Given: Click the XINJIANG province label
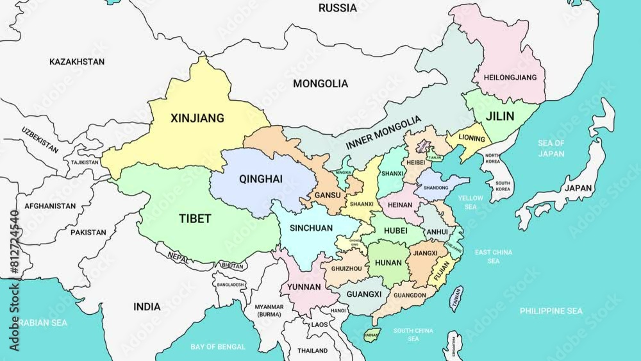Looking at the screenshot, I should click(x=197, y=118).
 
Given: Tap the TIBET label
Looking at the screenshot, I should click(x=195, y=219).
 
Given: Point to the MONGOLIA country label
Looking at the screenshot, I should click(x=320, y=83).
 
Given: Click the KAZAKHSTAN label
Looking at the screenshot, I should click(x=77, y=62).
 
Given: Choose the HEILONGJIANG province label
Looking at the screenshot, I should click(x=510, y=78).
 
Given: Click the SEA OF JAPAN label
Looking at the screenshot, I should click(x=551, y=148).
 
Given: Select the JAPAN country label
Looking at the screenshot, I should click(x=578, y=189).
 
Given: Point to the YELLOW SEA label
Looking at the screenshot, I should click(x=470, y=203).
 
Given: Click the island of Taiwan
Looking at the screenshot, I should click(x=456, y=298).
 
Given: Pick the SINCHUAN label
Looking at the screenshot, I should click(x=311, y=228).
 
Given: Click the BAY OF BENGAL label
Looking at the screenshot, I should click(x=218, y=347).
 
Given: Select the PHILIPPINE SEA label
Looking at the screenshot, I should click(x=551, y=311).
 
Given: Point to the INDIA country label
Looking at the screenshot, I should click(x=147, y=307).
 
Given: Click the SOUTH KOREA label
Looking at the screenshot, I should click(x=503, y=186).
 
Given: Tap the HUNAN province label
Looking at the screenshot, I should click(x=388, y=263).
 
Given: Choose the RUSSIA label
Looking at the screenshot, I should click(x=338, y=8).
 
